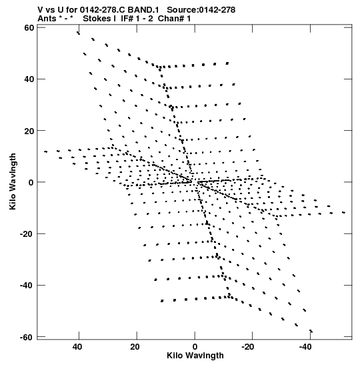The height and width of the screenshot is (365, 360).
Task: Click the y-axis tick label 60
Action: (29, 28)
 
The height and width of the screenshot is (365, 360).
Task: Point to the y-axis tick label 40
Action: (29, 79)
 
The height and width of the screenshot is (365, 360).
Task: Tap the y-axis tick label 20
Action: (29, 131)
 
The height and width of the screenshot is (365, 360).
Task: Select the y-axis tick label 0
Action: (31, 182)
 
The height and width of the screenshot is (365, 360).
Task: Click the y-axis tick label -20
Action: (27, 234)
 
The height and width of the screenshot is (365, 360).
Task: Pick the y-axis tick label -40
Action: (27, 285)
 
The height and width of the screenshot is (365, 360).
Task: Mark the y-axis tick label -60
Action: (27, 337)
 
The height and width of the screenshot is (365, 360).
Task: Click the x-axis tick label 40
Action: (77, 347)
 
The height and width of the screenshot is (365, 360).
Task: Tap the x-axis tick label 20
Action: (135, 347)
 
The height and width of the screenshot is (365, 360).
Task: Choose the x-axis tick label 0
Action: (195, 347)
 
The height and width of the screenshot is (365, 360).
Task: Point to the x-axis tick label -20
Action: (247, 347)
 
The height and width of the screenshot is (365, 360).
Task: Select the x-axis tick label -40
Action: (305, 347)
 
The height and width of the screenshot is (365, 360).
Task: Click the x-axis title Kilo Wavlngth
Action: (195, 356)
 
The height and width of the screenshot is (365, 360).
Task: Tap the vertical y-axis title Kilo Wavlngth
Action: (13, 181)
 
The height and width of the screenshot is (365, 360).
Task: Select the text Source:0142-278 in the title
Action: (201, 10)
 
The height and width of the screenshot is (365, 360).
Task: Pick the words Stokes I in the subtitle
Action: (99, 19)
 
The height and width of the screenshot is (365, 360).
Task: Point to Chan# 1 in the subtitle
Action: (174, 19)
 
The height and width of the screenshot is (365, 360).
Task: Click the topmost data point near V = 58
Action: (79, 33)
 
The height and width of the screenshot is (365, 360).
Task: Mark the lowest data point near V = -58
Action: (311, 331)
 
